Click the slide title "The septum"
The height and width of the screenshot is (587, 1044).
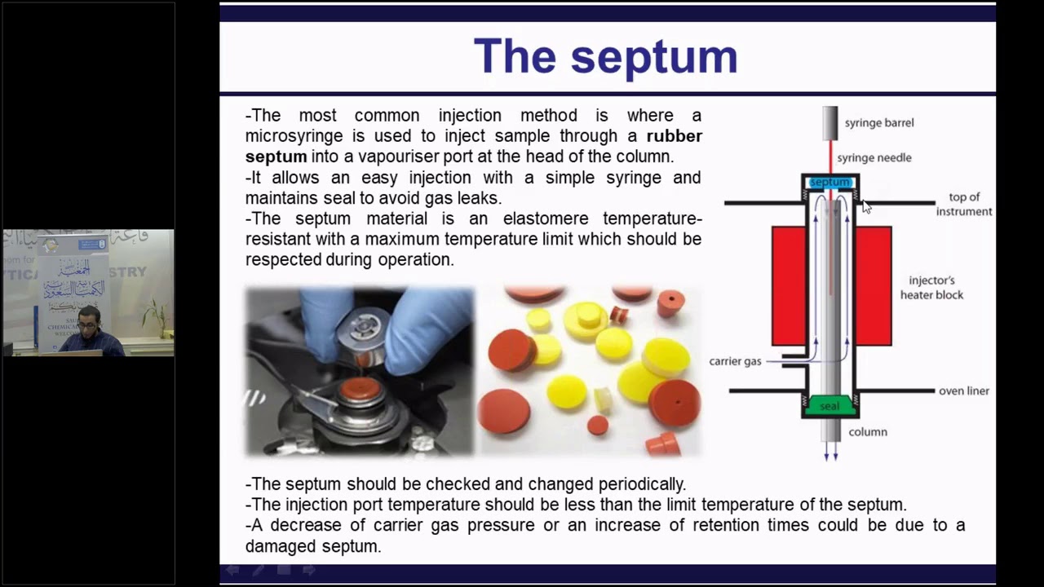[x=605, y=56]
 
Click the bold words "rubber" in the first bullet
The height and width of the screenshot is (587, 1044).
[x=674, y=136]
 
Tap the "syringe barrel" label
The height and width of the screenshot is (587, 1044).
[x=878, y=123]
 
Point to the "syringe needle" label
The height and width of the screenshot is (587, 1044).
[x=874, y=158]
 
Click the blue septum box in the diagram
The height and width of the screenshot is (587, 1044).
[x=829, y=183]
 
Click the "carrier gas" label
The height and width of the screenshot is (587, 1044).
[x=735, y=361]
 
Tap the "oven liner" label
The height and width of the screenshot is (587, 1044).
[x=963, y=391]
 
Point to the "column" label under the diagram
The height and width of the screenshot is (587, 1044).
[x=867, y=432]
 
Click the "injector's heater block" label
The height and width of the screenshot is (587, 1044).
[x=931, y=288]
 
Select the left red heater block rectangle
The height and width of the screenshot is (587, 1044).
[x=788, y=285]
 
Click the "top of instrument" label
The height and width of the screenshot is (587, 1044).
[x=963, y=204]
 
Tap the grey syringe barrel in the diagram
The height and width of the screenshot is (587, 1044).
[x=829, y=122]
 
